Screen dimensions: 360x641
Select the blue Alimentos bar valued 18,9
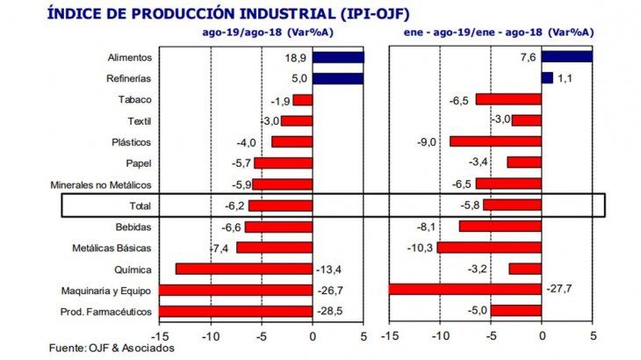pyautogui.click(x=338, y=57)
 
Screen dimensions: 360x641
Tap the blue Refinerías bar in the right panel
pyautogui.click(x=547, y=78)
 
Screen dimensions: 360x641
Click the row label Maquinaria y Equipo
pyautogui.click(x=110, y=290)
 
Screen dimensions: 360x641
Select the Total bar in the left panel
pyautogui.click(x=280, y=205)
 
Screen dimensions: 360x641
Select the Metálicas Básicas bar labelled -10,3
pyautogui.click(x=489, y=248)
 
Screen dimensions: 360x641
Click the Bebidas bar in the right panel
pyautogui.click(x=500, y=227)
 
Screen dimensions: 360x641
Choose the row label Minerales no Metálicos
pyautogui.click(x=104, y=184)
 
